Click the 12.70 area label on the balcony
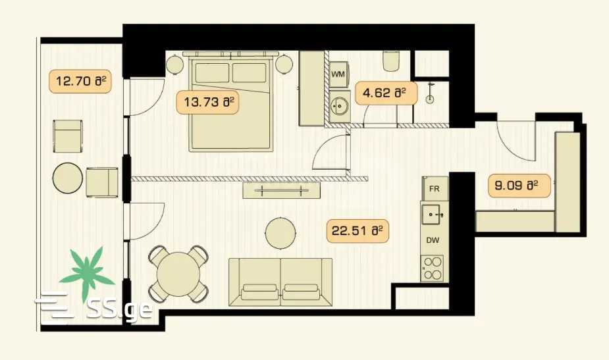pyautogui.click(x=80, y=81)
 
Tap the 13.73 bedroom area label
pyautogui.click(x=207, y=102)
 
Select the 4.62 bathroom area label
pyautogui.click(x=386, y=93)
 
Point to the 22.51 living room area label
pyautogui.click(x=357, y=231)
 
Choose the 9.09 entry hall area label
pyautogui.click(x=519, y=186)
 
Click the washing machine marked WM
pyautogui.click(x=338, y=74)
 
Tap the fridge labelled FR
pyautogui.click(x=435, y=189)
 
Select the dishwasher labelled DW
pyautogui.click(x=433, y=240)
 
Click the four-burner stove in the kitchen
pyautogui.click(x=433, y=268)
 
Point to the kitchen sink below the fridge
pyautogui.click(x=433, y=214)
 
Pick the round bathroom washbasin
pyautogui.click(x=340, y=105)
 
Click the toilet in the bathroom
pyautogui.click(x=390, y=61)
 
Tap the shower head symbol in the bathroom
pyautogui.click(x=429, y=95)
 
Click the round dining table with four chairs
pyautogui.click(x=178, y=274)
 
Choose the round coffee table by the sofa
pyautogui.click(x=280, y=233)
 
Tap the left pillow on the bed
pyautogui.click(x=212, y=72)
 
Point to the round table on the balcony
pyautogui.click(x=68, y=178)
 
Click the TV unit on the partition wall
pyautogui.click(x=282, y=190)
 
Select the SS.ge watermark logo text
pyautogui.click(x=120, y=308)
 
